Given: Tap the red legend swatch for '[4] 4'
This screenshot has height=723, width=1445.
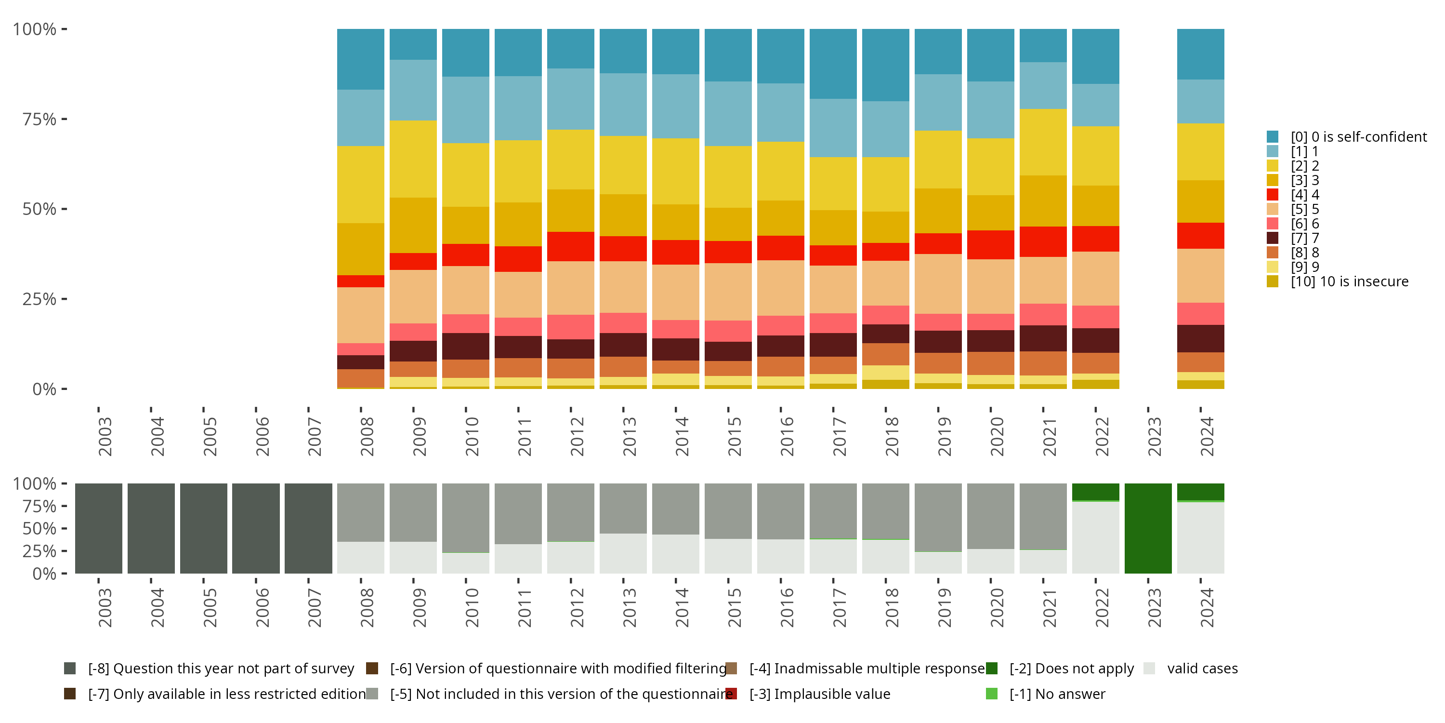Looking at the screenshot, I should pos(1273,195).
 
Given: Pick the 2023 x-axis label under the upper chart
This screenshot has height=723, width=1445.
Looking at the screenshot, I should pos(1155,436).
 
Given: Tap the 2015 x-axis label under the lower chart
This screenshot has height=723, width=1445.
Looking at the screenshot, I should pos(734,607).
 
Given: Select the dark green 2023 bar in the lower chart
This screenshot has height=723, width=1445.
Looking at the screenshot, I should pos(1148,528).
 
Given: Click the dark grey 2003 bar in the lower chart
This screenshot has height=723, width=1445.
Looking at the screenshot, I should pos(99,528).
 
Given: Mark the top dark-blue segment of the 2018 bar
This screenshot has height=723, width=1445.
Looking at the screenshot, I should pos(885,65).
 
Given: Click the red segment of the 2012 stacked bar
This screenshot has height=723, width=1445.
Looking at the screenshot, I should pos(570,246).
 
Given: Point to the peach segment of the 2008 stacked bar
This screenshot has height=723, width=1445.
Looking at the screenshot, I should pos(361,315).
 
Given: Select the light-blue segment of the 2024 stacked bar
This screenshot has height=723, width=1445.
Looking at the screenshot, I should pos(1200,101).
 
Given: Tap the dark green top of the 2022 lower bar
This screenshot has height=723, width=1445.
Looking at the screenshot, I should pos(1095,491).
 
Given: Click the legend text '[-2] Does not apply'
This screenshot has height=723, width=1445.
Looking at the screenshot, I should pos(1071,669).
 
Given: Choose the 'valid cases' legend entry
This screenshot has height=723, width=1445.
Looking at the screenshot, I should pos(1202,669).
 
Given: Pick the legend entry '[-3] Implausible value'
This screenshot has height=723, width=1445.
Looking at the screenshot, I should pos(819,695).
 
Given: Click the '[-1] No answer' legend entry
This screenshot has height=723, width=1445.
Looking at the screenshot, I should pos(1057,695).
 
